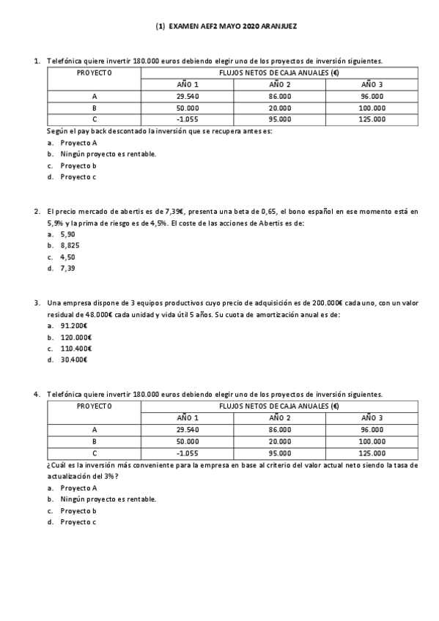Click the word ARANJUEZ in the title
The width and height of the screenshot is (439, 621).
coord(279,25)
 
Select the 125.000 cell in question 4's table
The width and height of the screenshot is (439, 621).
coord(372,453)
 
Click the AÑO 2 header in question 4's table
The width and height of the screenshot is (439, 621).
coord(279,418)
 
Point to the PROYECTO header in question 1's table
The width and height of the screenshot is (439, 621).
coord(95,73)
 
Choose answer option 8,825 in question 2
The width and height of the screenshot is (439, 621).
coord(70,245)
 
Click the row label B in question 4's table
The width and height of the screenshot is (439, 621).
coord(95,442)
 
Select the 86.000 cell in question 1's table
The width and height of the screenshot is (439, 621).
coord(279,97)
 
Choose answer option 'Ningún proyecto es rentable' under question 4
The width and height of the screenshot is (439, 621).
coord(108,499)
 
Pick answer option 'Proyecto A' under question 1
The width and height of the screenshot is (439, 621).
coord(78,143)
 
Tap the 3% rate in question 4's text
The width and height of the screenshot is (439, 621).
coord(110,476)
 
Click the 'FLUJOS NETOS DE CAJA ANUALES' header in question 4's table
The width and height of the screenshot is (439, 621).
coord(279,406)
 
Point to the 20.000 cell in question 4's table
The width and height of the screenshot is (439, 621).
coord(279,442)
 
